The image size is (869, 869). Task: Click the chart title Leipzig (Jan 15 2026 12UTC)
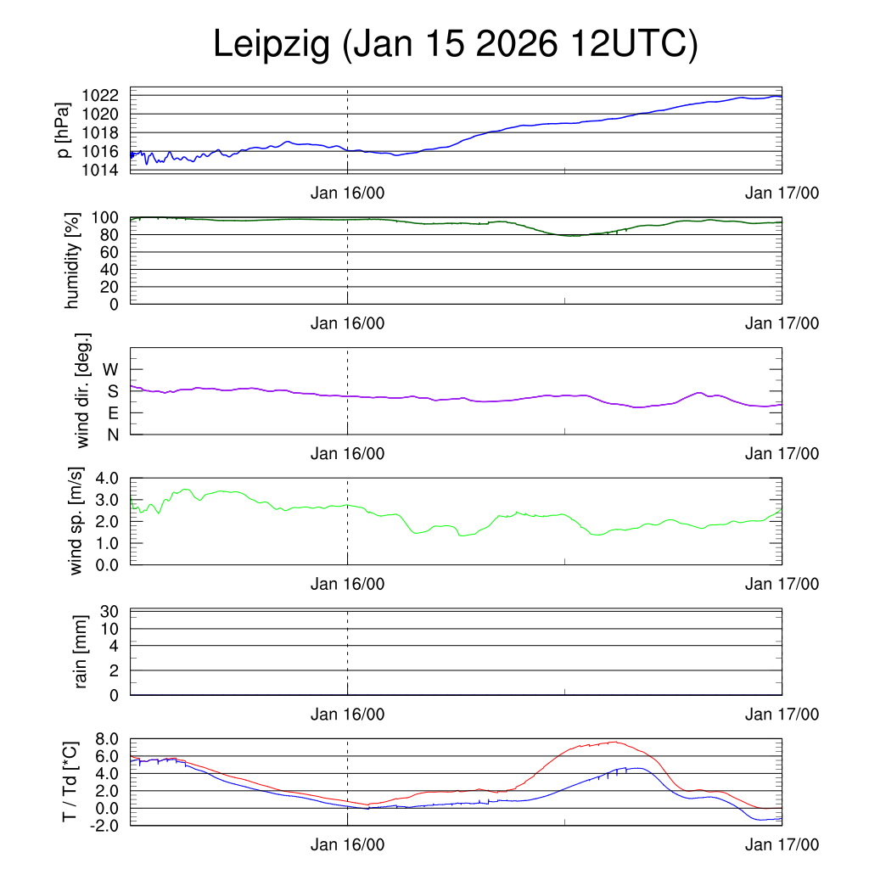pyautogui.click(x=455, y=44)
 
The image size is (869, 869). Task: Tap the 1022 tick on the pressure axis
pyautogui.click(x=104, y=95)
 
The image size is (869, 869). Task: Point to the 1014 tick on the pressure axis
pyautogui.click(x=104, y=170)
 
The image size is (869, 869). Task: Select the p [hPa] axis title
pyautogui.click(x=64, y=130)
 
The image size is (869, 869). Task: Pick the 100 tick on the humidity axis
pyautogui.click(x=110, y=217)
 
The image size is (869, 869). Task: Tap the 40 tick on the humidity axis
pyautogui.click(x=115, y=269)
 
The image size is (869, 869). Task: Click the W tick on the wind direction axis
pyautogui.click(x=111, y=369)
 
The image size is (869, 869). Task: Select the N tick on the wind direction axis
pyautogui.click(x=113, y=434)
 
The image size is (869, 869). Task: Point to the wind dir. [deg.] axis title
pyautogui.click(x=82, y=390)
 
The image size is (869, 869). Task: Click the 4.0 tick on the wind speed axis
pyautogui.click(x=109, y=478)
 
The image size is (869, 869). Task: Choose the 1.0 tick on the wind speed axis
pyautogui.click(x=109, y=542)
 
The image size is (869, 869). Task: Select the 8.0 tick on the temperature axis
pyautogui.click(x=109, y=739)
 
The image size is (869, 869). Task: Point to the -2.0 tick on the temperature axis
pyautogui.click(x=106, y=825)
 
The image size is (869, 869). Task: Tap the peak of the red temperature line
pyautogui.click(x=614, y=742)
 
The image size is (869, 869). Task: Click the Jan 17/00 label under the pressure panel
pyautogui.click(x=782, y=193)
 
